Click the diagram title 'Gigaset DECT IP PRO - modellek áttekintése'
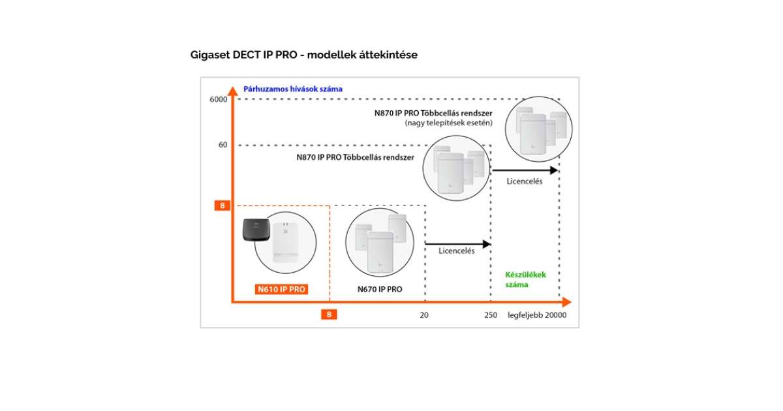(303, 55)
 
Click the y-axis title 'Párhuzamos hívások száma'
(292, 89)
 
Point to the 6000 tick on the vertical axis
(218, 99)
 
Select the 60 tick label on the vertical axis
(223, 145)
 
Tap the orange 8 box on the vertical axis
(223, 205)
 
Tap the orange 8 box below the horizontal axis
(330, 314)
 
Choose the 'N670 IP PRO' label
(380, 289)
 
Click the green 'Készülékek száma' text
(525, 279)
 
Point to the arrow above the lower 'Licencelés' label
(457, 244)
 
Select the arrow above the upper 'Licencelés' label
(525, 170)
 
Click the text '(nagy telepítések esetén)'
(448, 123)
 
